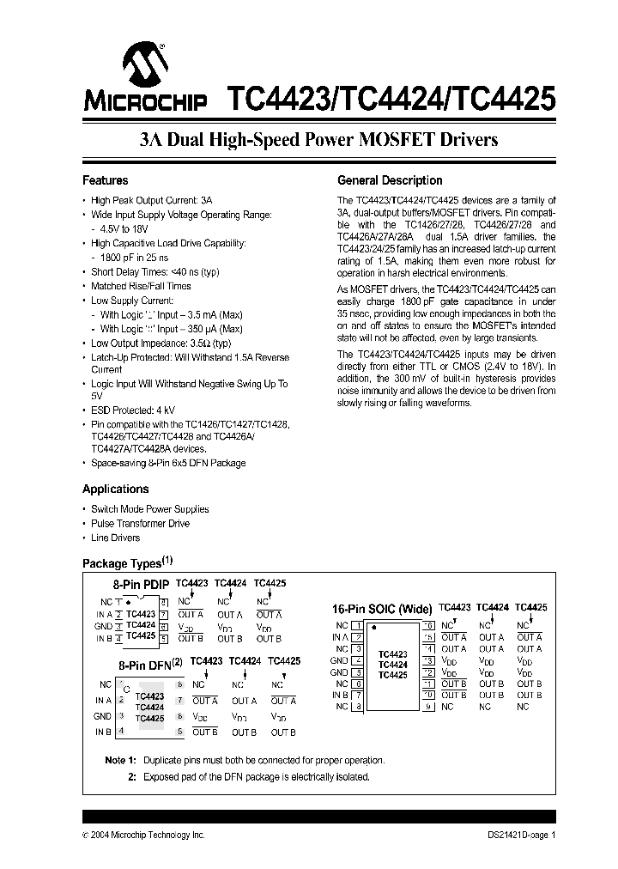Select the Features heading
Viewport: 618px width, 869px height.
click(105, 180)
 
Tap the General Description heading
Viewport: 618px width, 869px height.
click(390, 180)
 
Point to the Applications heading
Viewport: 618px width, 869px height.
click(115, 489)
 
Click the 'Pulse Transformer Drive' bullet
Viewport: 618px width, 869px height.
click(140, 523)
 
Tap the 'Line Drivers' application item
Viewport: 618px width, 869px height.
click(115, 538)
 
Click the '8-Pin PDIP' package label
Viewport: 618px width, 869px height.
click(142, 584)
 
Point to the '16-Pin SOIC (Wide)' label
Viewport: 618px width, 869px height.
click(382, 609)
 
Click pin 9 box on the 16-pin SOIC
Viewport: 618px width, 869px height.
click(427, 707)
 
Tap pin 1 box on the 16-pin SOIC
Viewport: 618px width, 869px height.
click(357, 626)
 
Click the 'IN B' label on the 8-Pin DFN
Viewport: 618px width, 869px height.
click(103, 731)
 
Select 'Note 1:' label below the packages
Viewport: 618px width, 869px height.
click(120, 761)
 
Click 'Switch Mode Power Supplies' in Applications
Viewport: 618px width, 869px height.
click(149, 508)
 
